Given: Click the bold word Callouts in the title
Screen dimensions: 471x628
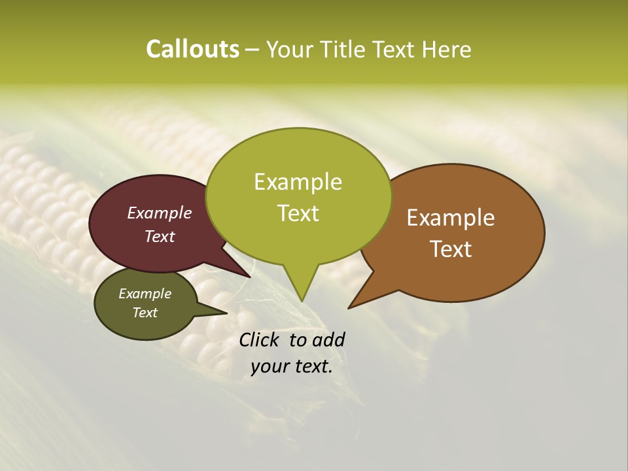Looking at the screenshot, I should coord(192,49).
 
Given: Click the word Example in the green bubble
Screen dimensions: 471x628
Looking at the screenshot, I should coord(298,182).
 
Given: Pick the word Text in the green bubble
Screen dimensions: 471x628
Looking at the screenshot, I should coord(298,213).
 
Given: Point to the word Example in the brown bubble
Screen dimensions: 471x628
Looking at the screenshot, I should coord(451,218).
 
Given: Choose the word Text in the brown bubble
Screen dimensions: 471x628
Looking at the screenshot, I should coord(451,249).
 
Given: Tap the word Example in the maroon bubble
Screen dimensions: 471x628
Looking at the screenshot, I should coord(160,213).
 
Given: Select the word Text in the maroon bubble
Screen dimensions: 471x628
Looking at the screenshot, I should coord(160,236).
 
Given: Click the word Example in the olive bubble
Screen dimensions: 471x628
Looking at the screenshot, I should coord(145,294).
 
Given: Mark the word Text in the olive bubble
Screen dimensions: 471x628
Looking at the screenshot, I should coord(145,313).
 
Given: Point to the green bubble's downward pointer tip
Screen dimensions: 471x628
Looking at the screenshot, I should coord(302,300).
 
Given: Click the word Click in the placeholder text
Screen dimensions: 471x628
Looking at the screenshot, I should coord(260,340).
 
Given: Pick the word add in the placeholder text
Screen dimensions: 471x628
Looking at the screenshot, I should coord(329,340).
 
